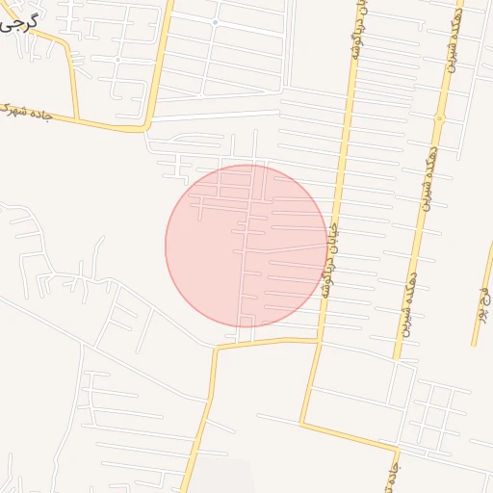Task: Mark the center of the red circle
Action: tap(246, 246)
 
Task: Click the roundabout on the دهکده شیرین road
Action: tap(439, 119)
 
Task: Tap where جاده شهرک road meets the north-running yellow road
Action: tap(146, 126)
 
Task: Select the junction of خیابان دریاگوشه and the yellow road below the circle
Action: tap(319, 339)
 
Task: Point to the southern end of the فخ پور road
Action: tap(474, 343)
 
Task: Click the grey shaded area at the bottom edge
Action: tap(223, 478)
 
